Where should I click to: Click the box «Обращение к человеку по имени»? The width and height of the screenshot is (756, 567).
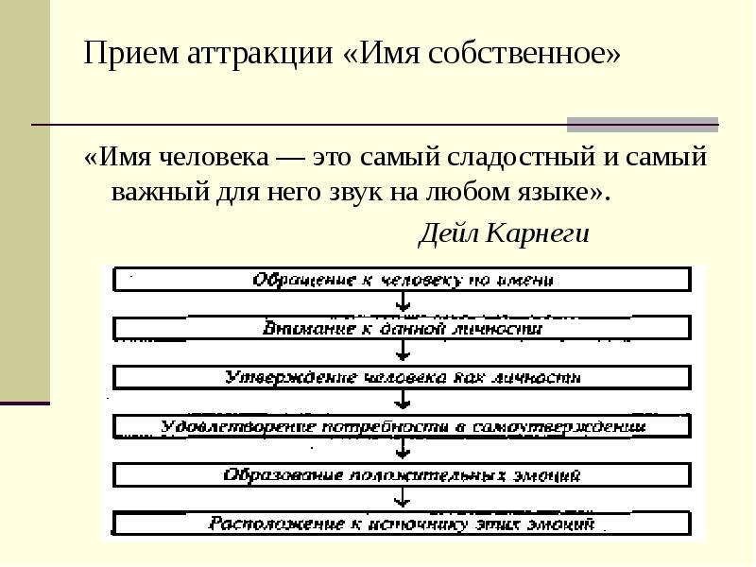pyautogui.click(x=404, y=280)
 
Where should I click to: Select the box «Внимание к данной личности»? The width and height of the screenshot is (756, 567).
pyautogui.click(x=404, y=329)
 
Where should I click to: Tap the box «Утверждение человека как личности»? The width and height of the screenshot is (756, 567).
pyautogui.click(x=404, y=377)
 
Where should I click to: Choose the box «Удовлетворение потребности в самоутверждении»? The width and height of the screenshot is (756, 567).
pyautogui.click(x=404, y=426)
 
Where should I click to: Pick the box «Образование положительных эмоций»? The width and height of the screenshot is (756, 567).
pyautogui.click(x=404, y=474)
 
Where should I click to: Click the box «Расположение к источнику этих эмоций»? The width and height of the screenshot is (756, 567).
pyautogui.click(x=404, y=523)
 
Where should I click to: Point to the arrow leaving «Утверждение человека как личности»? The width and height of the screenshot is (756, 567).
pyautogui.click(x=404, y=402)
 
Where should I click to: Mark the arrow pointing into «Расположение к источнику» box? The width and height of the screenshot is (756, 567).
pyautogui.click(x=404, y=499)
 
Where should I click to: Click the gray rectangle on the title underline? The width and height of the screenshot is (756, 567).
pyautogui.click(x=642, y=124)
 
